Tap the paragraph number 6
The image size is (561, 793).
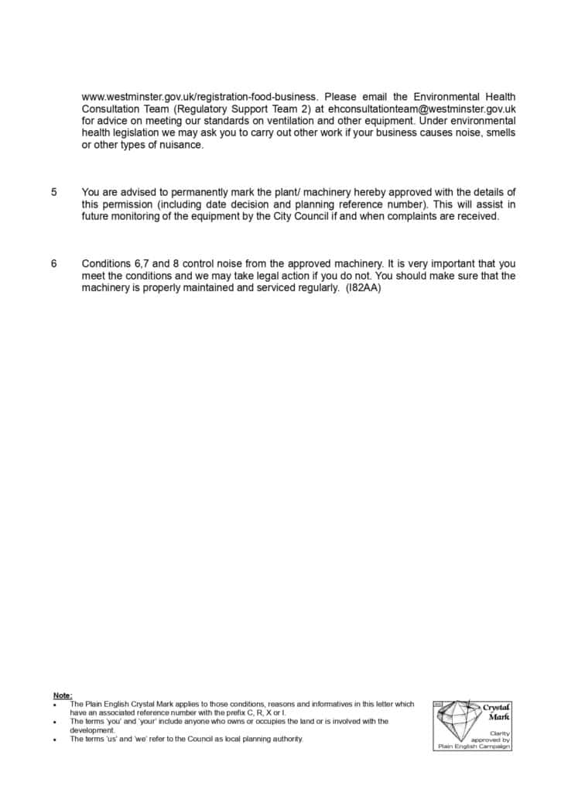click(54, 264)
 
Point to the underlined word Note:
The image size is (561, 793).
click(63, 695)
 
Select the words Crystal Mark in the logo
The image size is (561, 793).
click(495, 712)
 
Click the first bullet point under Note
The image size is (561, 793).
click(55, 705)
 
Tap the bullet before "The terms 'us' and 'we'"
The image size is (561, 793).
click(55, 740)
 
